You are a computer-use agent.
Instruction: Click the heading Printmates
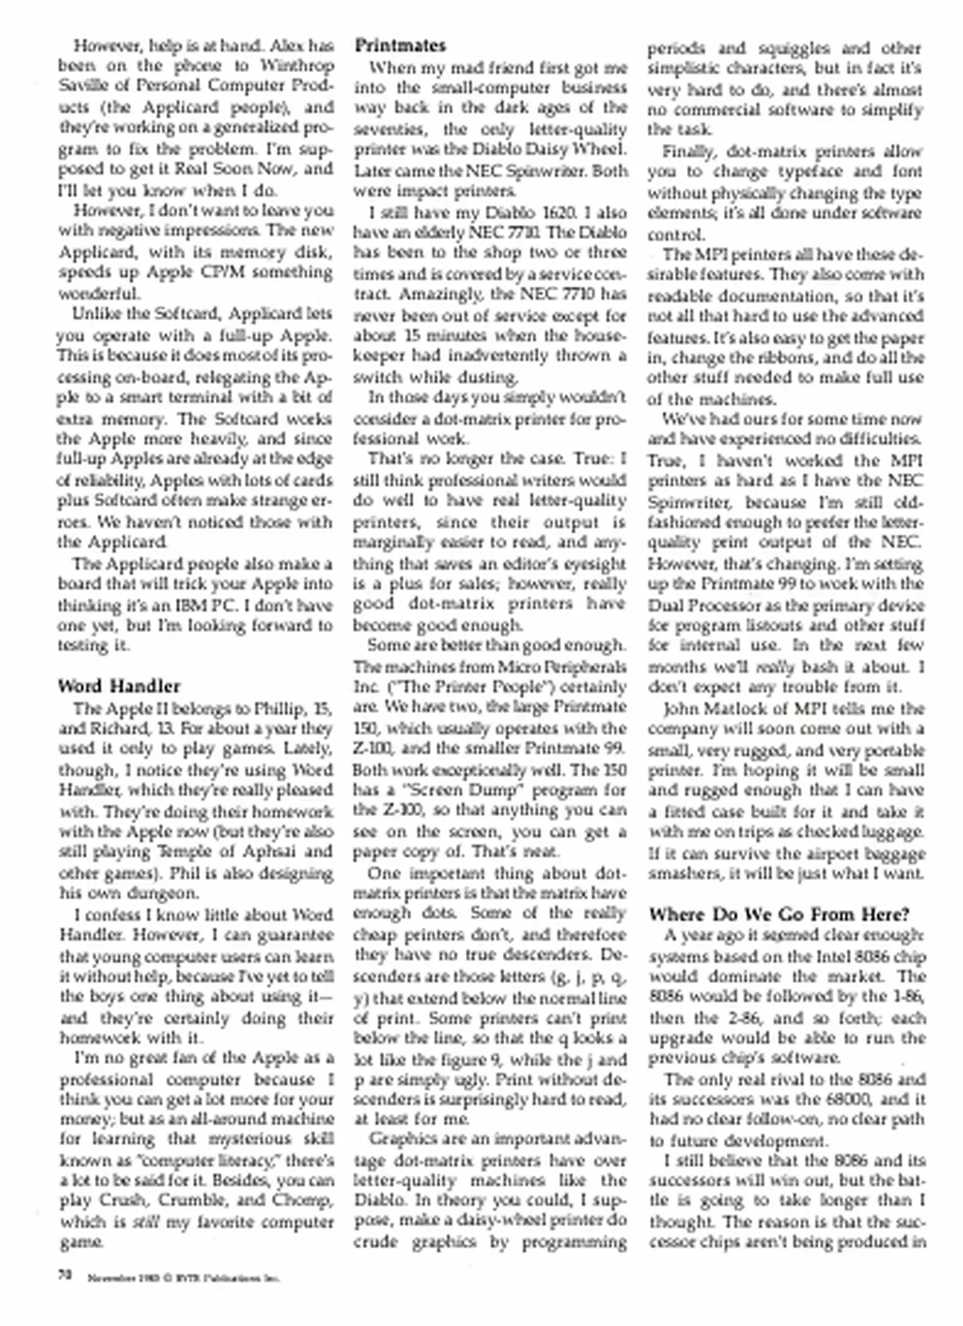pos(400,46)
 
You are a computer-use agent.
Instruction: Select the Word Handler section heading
pos(119,686)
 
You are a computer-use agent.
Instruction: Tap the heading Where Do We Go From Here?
pos(779,915)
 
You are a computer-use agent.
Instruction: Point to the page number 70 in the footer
pos(66,1275)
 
